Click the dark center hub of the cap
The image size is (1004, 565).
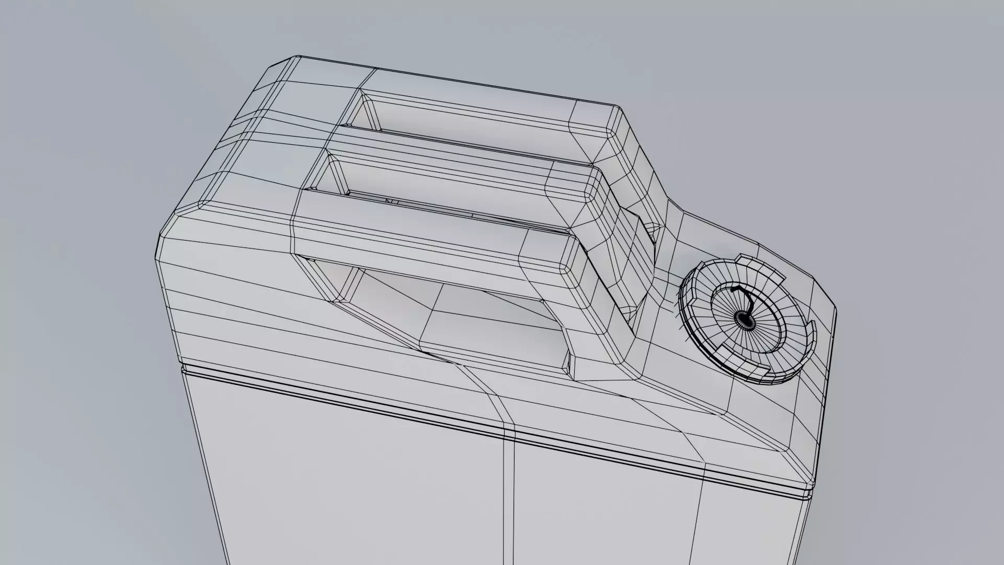click(743, 317)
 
